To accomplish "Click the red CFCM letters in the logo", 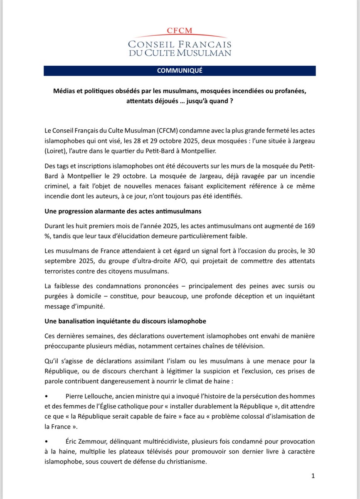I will coord(180,30).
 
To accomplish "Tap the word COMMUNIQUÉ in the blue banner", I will coord(180,71).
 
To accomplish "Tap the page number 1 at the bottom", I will coord(313,476).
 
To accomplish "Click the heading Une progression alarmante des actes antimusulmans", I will coord(123,211).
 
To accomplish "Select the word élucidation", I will coord(131,236).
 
